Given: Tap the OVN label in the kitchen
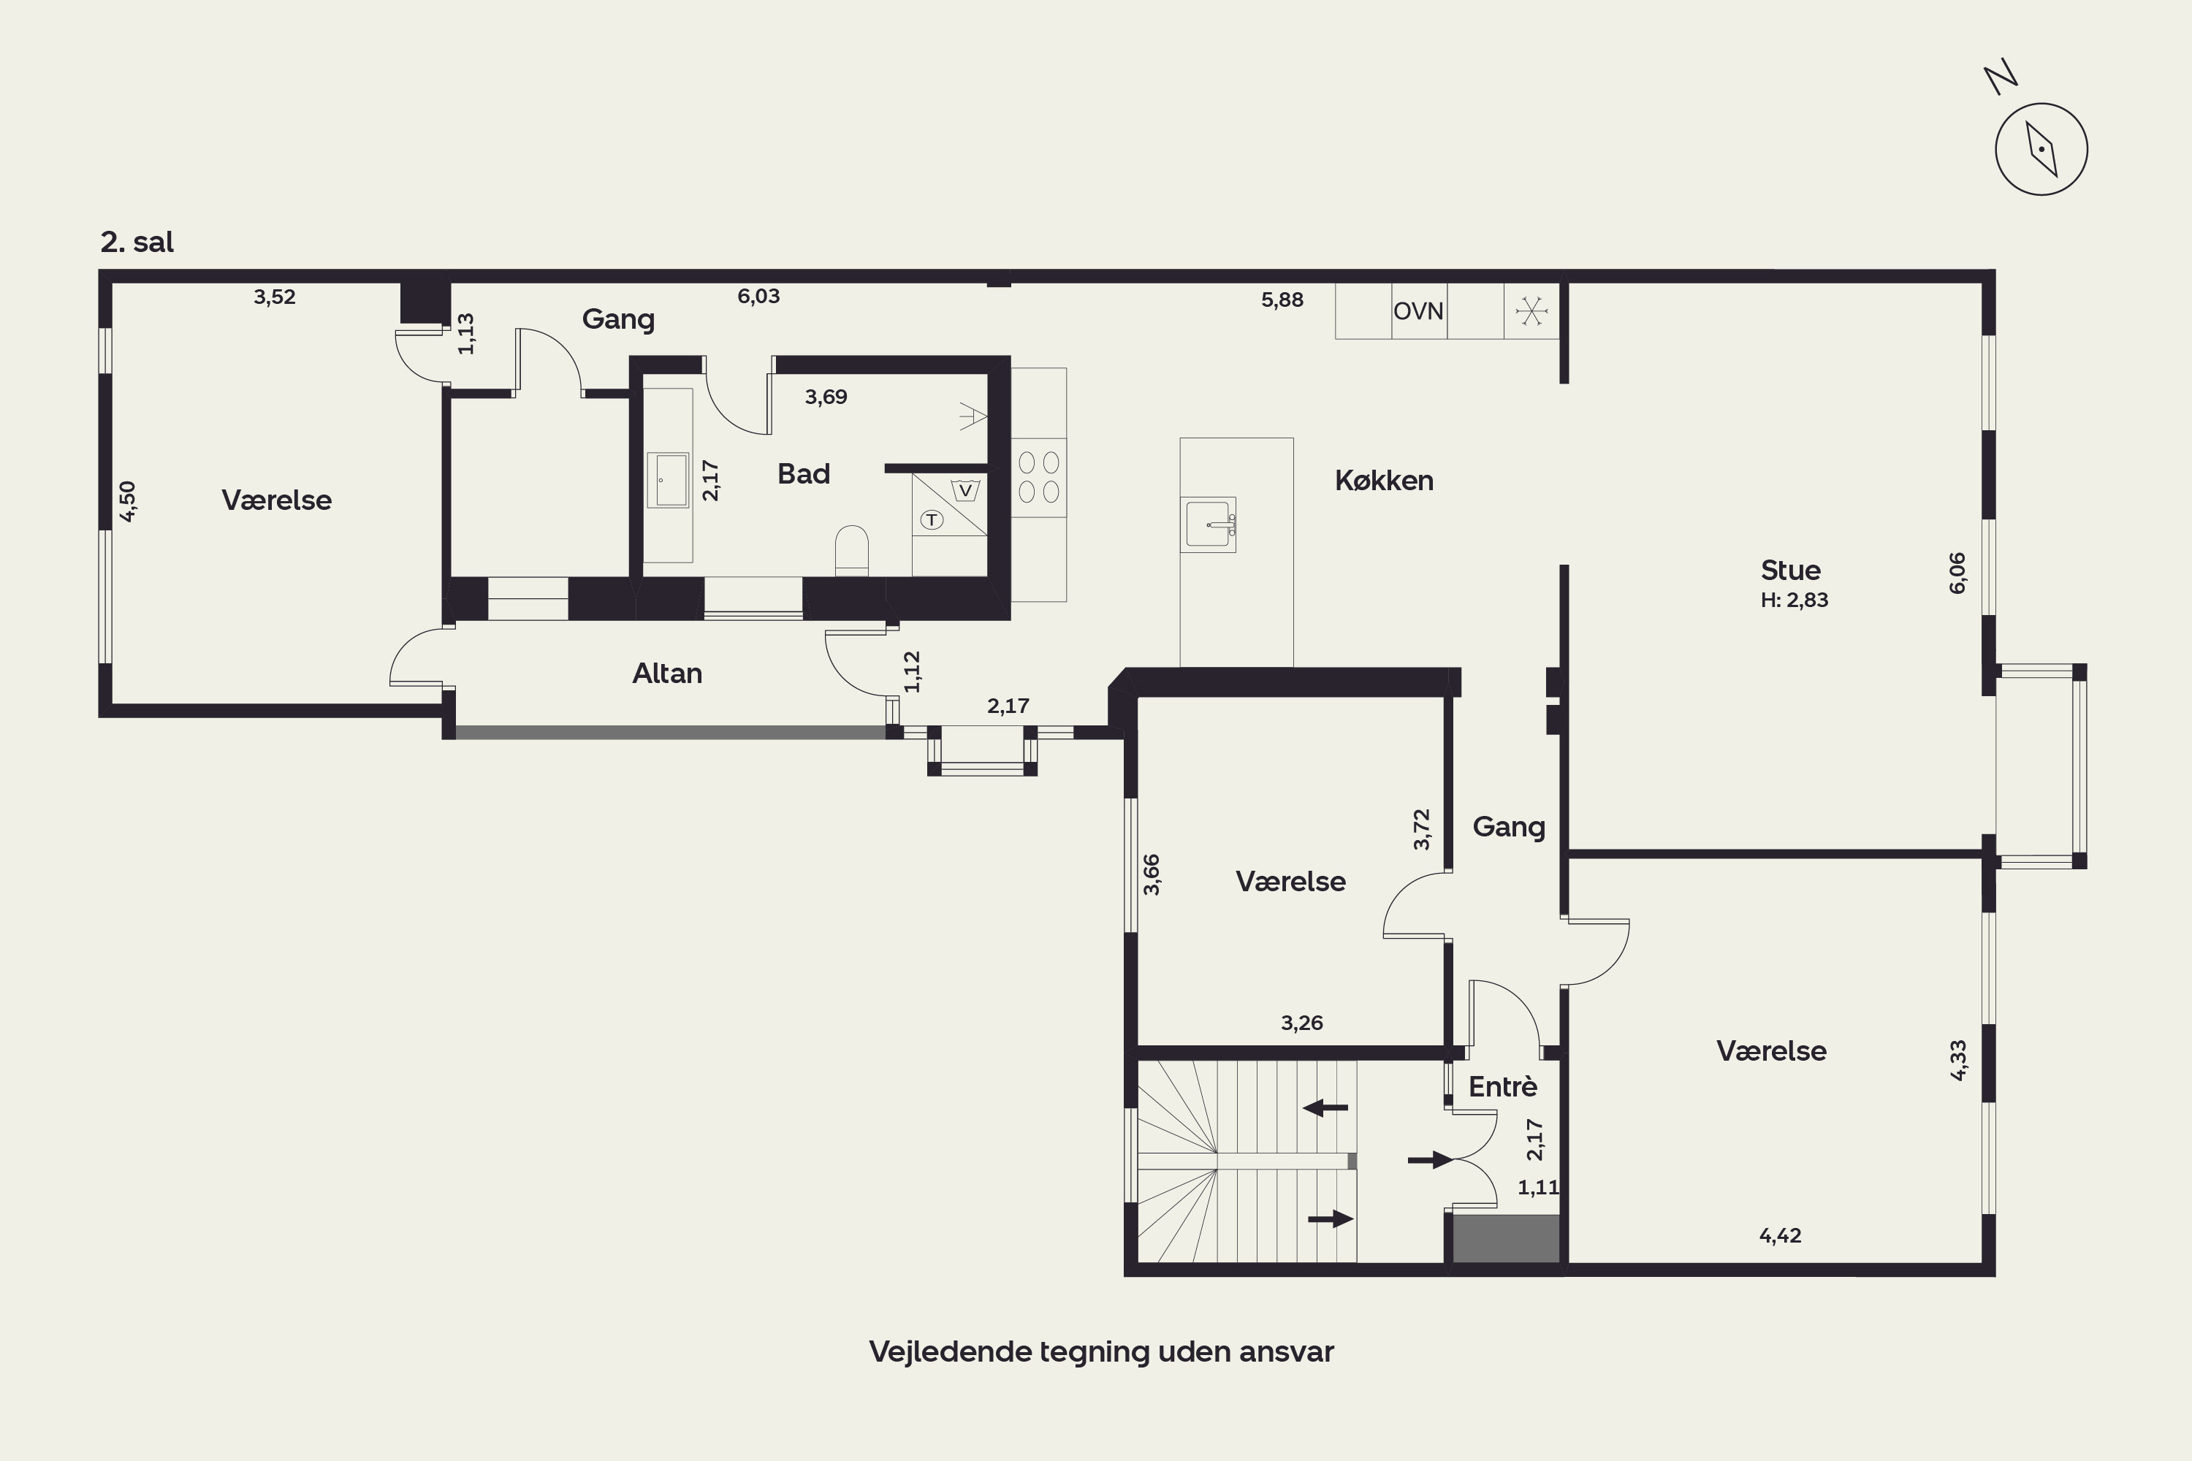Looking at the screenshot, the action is (1418, 311).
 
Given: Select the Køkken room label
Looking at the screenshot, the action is (1384, 481).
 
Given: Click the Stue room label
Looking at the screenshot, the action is (1790, 571).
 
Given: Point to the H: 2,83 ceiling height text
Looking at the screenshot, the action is (1794, 600).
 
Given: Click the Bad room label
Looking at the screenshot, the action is (803, 474).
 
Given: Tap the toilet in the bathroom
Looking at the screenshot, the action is (852, 551).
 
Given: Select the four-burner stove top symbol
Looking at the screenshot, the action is (1038, 477).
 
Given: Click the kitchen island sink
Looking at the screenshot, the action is (1208, 524).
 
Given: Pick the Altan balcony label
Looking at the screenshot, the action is (667, 674).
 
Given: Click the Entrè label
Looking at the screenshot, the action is (1503, 1086).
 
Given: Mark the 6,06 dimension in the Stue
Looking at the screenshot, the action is (1957, 572).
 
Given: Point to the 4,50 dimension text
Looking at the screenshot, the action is (128, 500).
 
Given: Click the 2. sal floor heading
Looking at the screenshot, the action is (137, 243).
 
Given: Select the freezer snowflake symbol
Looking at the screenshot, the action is (1531, 310).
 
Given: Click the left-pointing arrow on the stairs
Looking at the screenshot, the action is (1325, 1108).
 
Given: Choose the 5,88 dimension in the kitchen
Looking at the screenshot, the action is (1282, 300).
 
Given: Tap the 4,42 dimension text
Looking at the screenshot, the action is (1780, 1235).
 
